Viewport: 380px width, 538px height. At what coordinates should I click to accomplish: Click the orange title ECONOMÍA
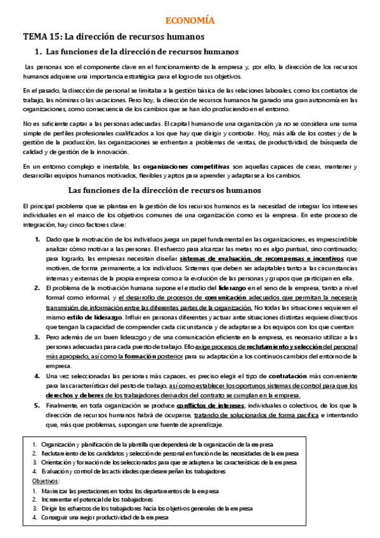[190, 21]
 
